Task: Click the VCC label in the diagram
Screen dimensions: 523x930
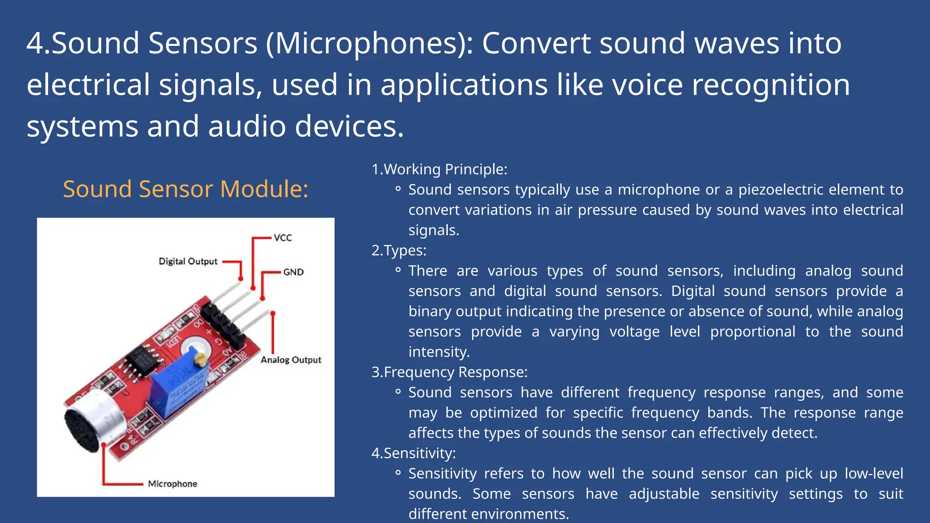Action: click(x=282, y=237)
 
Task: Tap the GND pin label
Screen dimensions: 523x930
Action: click(x=293, y=272)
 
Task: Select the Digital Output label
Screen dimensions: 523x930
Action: click(x=188, y=261)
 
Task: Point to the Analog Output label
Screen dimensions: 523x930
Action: click(x=291, y=360)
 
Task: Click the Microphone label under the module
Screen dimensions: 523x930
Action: click(x=173, y=484)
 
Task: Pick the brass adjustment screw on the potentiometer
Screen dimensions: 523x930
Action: click(x=200, y=360)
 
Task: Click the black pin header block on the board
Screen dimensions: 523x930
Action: click(x=223, y=325)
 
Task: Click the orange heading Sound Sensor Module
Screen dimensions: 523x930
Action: click(x=185, y=189)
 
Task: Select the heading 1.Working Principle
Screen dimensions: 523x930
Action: click(x=439, y=169)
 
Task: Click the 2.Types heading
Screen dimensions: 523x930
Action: click(x=399, y=250)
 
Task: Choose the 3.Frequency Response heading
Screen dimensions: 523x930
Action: click(x=450, y=372)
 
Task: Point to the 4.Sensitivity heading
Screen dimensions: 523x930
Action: click(x=413, y=453)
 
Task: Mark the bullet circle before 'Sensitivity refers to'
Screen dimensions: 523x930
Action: click(x=398, y=473)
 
